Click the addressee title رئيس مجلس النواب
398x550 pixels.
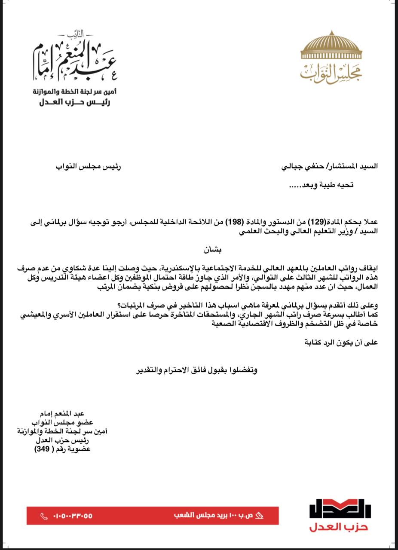point(88,166)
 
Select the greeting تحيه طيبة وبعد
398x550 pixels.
point(321,185)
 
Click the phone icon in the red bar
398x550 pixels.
point(43,516)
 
